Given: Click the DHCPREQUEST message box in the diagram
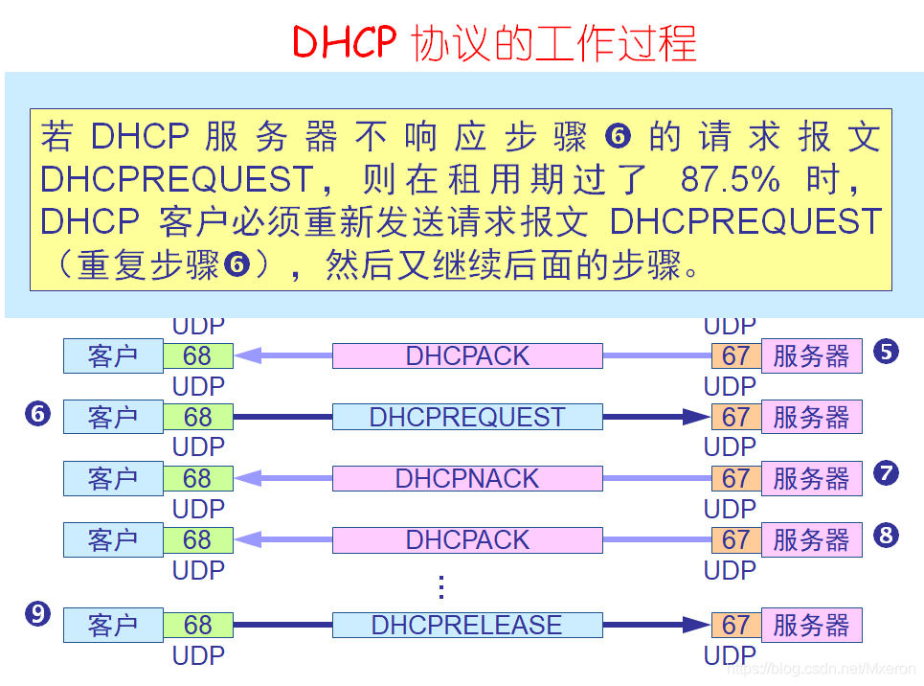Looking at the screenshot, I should click(x=467, y=417).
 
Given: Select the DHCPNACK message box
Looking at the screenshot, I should click(x=467, y=478).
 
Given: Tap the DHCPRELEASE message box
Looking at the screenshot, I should click(x=467, y=626).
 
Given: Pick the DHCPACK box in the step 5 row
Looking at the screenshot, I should click(x=467, y=355).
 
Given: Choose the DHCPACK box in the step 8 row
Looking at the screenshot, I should click(x=467, y=539).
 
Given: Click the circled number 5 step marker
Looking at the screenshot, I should click(x=886, y=352).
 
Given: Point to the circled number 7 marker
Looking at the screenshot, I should click(x=886, y=473).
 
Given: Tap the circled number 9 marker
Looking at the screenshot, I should click(x=38, y=613).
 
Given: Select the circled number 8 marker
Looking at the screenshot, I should click(x=886, y=535).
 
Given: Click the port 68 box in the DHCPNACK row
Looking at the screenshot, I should click(x=198, y=478).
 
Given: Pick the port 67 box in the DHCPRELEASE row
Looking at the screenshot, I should click(x=735, y=626).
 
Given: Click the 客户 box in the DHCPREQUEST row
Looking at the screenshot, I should click(x=113, y=417).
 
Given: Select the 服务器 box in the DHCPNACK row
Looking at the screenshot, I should click(x=811, y=478).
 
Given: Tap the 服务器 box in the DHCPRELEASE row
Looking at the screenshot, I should click(x=811, y=626).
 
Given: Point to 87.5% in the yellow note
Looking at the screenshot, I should click(x=730, y=179).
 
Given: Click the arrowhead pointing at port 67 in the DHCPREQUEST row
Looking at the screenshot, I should click(x=697, y=417).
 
